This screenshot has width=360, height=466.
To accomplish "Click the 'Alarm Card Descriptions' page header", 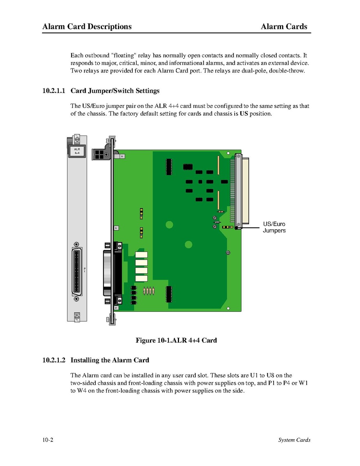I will (x=87, y=26).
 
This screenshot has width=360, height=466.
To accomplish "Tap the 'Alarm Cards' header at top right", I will (x=284, y=26).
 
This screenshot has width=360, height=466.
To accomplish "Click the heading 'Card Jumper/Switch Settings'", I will (x=115, y=91).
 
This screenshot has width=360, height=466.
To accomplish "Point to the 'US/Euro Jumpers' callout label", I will (x=274, y=227).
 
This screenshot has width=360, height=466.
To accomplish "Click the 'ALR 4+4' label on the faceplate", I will (x=77, y=151).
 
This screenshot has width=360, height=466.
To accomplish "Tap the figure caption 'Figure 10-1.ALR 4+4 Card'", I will (x=176, y=340).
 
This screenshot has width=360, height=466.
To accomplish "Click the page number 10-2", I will (x=48, y=440).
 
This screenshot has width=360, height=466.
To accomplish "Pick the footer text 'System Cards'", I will (x=294, y=440).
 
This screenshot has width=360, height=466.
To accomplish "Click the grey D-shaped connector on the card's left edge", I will (x=108, y=273).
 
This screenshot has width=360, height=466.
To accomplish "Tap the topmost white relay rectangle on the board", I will (x=141, y=255).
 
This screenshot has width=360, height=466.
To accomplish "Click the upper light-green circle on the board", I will (x=169, y=225).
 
